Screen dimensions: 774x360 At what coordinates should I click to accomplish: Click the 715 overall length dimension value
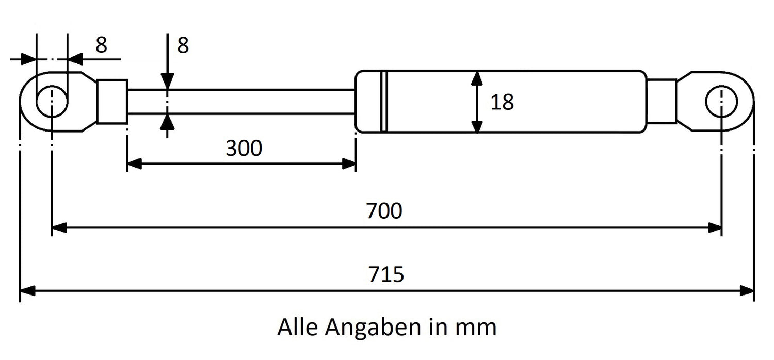[x=386, y=274]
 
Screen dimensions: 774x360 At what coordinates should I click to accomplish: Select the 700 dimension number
[x=384, y=211]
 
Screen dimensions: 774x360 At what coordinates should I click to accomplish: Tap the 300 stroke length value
[x=244, y=148]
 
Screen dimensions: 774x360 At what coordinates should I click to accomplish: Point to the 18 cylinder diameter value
[x=502, y=102]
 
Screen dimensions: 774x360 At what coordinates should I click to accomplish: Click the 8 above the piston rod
[x=183, y=45]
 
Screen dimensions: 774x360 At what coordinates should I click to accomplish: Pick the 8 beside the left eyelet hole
[x=101, y=45]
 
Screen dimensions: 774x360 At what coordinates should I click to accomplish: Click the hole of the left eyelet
[x=52, y=101]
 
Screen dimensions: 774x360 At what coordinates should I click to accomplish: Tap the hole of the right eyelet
[x=721, y=102]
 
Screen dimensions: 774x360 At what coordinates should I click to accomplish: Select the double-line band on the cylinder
[x=384, y=102]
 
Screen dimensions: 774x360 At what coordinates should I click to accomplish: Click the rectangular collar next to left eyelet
[x=112, y=102]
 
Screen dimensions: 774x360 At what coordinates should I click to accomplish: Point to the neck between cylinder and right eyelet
[x=662, y=101]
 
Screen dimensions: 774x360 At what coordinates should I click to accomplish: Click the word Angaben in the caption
[x=373, y=327]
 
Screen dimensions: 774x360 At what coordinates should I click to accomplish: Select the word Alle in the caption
[x=298, y=327]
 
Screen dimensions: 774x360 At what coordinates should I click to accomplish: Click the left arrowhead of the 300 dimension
[x=134, y=164]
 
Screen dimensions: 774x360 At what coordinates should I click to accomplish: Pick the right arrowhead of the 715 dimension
[x=746, y=291]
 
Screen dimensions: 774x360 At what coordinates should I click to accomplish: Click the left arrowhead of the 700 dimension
[x=59, y=227]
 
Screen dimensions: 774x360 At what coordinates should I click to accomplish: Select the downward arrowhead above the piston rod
[x=167, y=81]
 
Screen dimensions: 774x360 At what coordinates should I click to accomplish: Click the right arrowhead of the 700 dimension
[x=714, y=227]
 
